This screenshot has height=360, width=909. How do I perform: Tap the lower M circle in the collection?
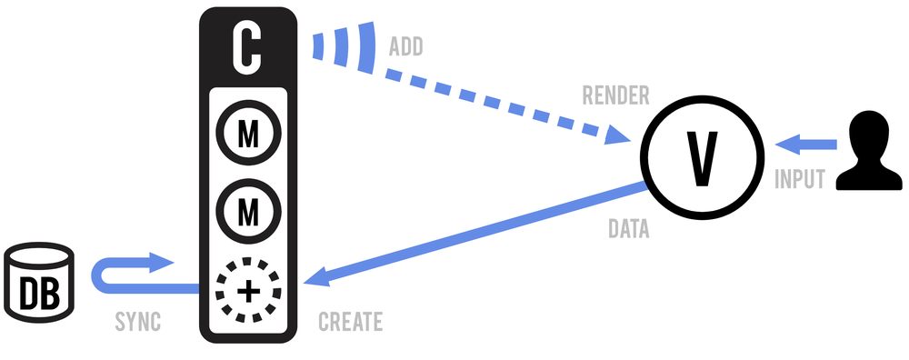coord(248,213)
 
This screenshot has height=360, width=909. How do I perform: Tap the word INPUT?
coord(800,180)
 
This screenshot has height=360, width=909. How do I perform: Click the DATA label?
coord(629,231)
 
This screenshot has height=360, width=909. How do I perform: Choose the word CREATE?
coord(351,323)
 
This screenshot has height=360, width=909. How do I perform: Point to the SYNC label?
coord(137,323)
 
